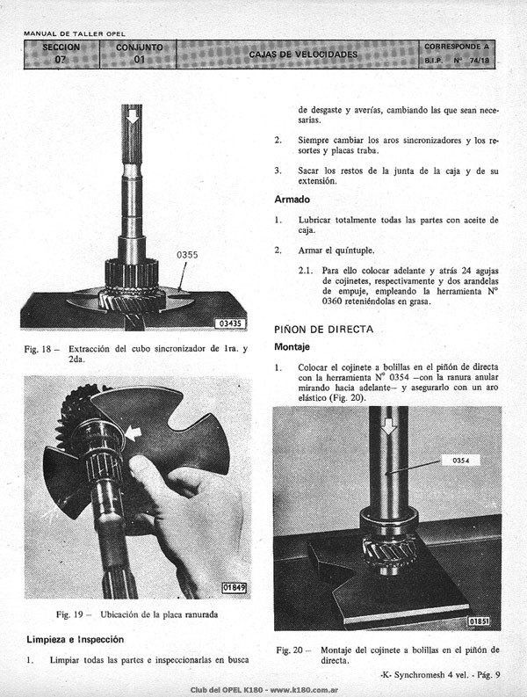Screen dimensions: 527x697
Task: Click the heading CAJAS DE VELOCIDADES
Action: click(x=303, y=54)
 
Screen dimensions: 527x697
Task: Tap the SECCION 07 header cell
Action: click(x=61, y=54)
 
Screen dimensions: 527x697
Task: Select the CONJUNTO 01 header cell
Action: click(x=139, y=54)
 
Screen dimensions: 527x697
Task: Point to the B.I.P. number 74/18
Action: click(x=480, y=60)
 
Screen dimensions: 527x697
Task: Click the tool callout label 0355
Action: click(x=187, y=255)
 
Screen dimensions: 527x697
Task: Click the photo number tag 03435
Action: click(x=230, y=323)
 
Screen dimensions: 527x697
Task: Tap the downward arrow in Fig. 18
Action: click(x=132, y=117)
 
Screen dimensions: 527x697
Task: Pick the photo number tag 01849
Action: click(x=234, y=588)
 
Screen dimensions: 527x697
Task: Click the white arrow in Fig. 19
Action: click(x=133, y=433)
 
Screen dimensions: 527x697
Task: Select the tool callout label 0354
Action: click(x=461, y=460)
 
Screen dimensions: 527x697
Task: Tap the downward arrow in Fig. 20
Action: click(x=389, y=426)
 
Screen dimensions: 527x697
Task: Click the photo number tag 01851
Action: click(x=479, y=621)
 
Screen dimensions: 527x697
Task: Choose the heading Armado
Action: click(x=292, y=200)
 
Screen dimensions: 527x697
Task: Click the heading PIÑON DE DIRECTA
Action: click(x=323, y=330)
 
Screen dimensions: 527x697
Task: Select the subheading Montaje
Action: click(x=292, y=346)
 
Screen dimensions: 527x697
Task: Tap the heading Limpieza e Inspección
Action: click(x=75, y=639)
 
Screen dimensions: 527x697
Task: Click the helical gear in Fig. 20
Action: click(x=389, y=551)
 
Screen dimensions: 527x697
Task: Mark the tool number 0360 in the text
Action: click(x=332, y=301)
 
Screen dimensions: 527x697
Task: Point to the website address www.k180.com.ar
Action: click(x=304, y=690)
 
